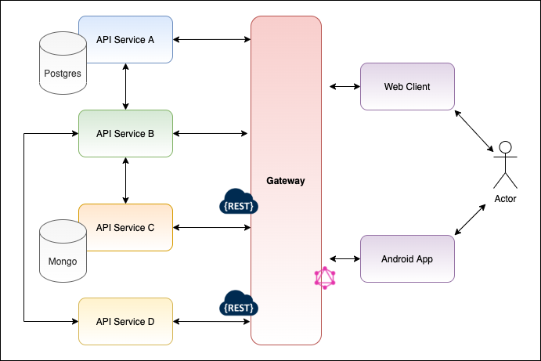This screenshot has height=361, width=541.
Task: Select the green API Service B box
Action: point(125,133)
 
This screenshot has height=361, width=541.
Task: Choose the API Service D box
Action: point(125,321)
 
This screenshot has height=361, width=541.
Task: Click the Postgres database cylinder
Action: point(60,67)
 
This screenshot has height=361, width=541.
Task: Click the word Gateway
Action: point(286,181)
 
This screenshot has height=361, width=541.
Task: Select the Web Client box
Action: point(407,86)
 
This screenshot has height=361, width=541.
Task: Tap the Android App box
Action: point(407,258)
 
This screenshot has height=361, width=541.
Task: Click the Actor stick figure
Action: point(505,164)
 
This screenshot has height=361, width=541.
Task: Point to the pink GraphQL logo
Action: point(325,278)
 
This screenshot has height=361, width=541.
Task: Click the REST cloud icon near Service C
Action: point(238,202)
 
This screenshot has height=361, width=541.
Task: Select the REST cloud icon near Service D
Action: point(238,303)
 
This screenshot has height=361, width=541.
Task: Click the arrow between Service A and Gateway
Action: point(211,39)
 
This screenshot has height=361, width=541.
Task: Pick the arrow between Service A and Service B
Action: point(125,86)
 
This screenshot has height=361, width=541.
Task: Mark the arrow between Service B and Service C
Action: point(125,180)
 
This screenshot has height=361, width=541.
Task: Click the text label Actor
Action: point(505,199)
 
